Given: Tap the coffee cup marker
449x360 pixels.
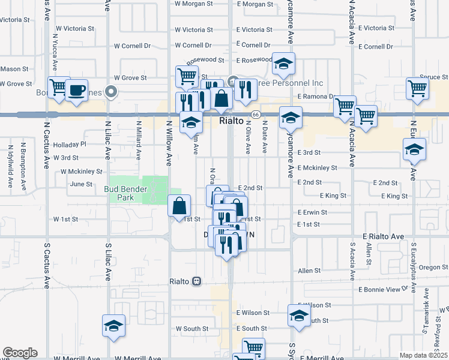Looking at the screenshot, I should pyautogui.click(x=76, y=90).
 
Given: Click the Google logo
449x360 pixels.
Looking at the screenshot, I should pyautogui.click(x=20, y=353).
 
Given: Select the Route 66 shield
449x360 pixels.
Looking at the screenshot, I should pyautogui.click(x=255, y=114).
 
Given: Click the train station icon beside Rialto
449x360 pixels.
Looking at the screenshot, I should pyautogui.click(x=196, y=281).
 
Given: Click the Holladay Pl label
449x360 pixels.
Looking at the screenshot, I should pyautogui.click(x=70, y=145).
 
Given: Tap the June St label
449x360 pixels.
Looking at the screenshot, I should pyautogui.click(x=81, y=184).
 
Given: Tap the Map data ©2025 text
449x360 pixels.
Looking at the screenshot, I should pyautogui.click(x=423, y=355).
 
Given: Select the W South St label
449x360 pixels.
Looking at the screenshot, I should pyautogui.click(x=192, y=329).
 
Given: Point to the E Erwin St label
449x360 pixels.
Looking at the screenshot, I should pyautogui.click(x=312, y=212).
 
